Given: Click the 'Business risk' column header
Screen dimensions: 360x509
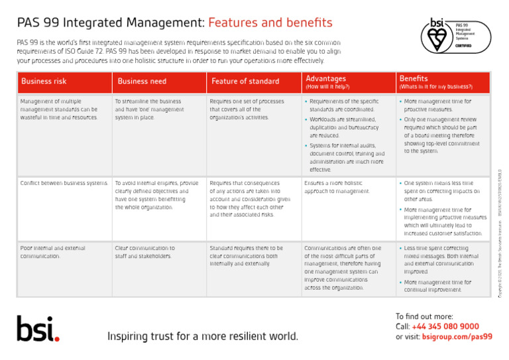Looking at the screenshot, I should (x=44, y=82).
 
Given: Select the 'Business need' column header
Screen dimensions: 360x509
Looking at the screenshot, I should (x=142, y=82).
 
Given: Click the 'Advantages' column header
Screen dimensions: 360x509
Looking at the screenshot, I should (x=325, y=79).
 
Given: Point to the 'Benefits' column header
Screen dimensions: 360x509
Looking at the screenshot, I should (x=414, y=79).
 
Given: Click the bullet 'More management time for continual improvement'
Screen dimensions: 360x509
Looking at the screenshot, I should (x=437, y=286).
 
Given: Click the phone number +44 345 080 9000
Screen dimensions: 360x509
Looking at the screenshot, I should (x=446, y=326).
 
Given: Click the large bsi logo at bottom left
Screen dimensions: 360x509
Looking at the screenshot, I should (x=38, y=328).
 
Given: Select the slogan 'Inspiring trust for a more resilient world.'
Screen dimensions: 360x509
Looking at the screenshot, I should (x=203, y=336).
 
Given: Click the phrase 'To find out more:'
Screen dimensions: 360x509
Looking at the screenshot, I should (x=424, y=316).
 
